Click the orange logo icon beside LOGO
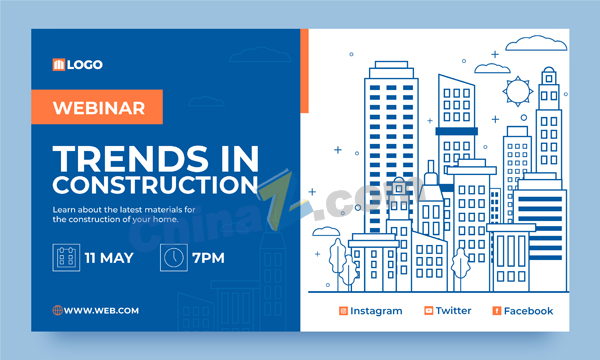[59, 65]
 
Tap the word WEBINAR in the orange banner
[99, 108]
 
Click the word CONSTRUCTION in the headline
[155, 185]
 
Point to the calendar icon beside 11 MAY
[66, 257]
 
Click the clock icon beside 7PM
[174, 257]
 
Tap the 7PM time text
[208, 258]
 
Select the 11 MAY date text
[109, 258]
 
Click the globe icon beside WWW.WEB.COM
[57, 310]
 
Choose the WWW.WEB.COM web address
[101, 311]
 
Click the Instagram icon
[343, 311]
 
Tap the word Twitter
[453, 311]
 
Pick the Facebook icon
[497, 311]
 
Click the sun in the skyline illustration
[518, 91]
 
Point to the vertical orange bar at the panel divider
[304, 71]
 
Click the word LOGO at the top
[85, 65]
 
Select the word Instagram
[376, 311]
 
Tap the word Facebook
[528, 311]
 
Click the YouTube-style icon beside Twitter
[429, 311]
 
